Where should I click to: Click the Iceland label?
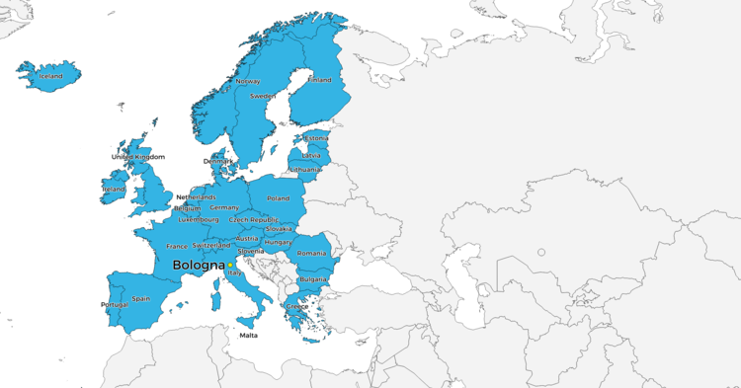pos(49,76)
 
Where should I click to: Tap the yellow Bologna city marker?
pos(230,265)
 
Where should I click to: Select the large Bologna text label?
pos(198,266)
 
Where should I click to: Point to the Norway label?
pos(248,81)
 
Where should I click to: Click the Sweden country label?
pos(262,96)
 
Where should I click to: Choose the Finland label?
pos(320,80)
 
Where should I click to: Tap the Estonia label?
pos(317,138)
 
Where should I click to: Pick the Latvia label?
pos(311,155)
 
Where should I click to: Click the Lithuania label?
pos(305,170)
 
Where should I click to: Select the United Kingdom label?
pos(138,157)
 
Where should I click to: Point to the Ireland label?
pos(114,189)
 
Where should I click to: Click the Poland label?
pos(278,197)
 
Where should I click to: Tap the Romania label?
pos(311,254)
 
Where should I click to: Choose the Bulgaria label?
pos(313,279)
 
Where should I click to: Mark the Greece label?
pos(297,306)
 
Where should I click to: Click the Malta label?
pos(249,335)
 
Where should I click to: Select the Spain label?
pos(141,298)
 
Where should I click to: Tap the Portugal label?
pos(115,305)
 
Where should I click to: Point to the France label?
pos(177,246)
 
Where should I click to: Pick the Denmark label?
pos(218,161)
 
